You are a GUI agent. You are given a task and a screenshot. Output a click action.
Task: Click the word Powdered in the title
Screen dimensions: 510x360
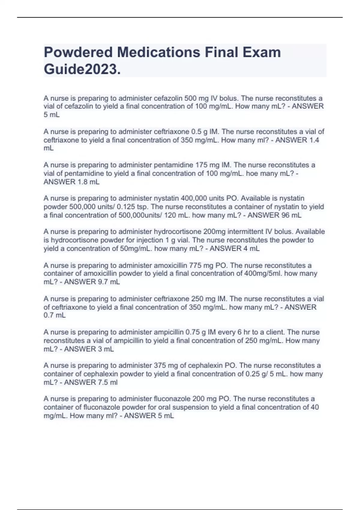click(78, 52)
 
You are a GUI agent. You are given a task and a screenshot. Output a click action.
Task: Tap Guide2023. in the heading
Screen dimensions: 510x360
click(82, 70)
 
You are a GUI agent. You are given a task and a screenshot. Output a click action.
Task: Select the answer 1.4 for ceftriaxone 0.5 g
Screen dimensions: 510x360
click(314, 140)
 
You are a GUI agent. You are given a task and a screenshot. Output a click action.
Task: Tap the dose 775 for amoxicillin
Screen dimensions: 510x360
click(195, 265)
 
